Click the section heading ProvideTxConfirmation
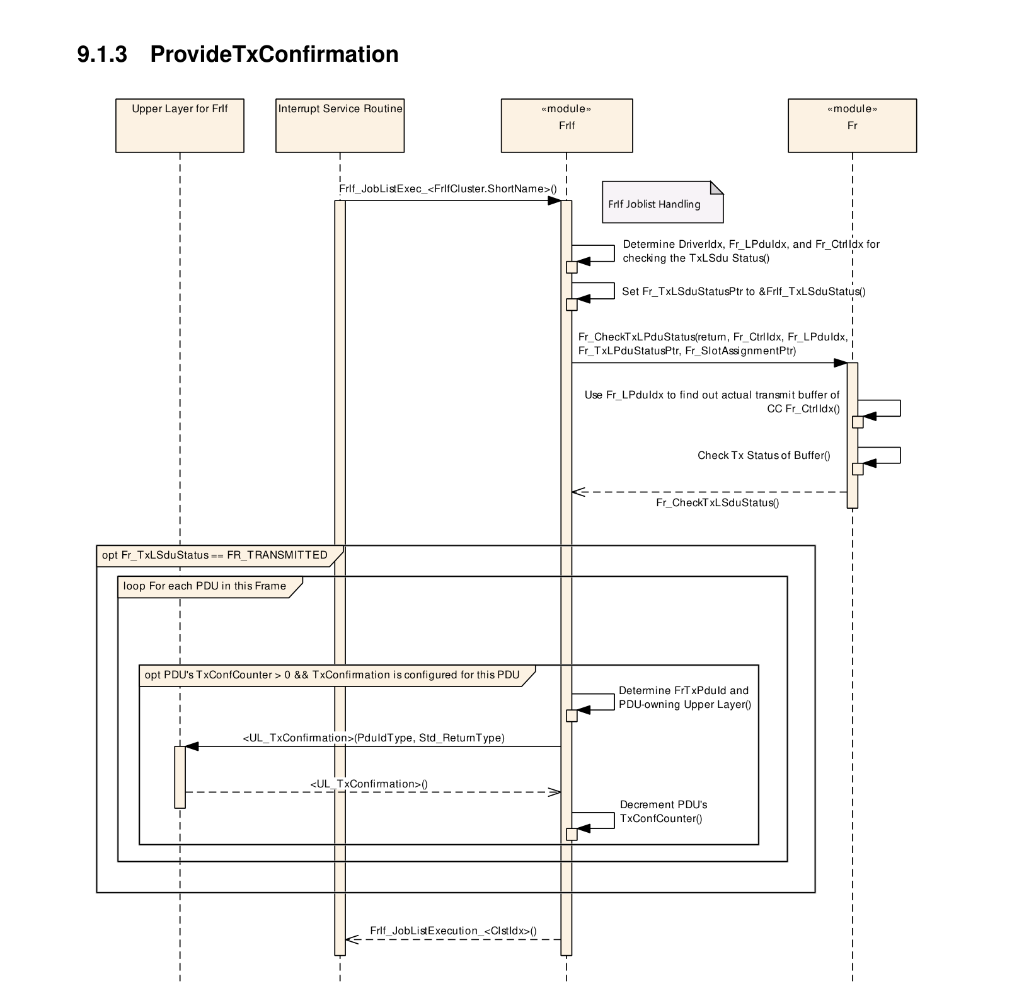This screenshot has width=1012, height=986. pos(274,54)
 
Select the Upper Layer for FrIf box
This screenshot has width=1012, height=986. pos(180,125)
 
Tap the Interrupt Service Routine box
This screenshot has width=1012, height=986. pos(340,125)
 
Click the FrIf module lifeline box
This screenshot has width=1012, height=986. pos(566,125)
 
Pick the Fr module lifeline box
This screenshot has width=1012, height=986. pos(852,125)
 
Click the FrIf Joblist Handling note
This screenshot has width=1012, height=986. pos(663,202)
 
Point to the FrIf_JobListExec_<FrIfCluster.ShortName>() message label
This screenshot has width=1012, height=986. pos(448,188)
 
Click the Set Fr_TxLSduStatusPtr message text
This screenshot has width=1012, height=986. pos(744,291)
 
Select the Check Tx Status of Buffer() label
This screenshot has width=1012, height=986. pos(764,455)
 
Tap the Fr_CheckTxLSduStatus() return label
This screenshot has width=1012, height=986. pos(718,502)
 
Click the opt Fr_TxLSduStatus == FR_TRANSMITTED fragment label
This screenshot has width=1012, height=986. pos(215,555)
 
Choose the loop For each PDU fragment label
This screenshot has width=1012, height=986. pos(205,586)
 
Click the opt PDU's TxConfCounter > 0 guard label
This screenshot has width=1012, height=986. pos(332,675)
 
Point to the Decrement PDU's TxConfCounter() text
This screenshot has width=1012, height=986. pos(664,811)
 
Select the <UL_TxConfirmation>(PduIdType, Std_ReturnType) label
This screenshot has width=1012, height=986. pos(374,738)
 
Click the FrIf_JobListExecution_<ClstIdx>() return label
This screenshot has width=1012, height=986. pos(454,931)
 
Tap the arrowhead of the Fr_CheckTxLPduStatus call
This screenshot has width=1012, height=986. pos(841,363)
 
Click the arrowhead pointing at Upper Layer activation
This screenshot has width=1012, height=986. pos(192,746)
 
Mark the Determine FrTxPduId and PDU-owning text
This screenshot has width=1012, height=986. pos(685,697)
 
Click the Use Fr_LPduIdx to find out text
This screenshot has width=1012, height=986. pos(712,402)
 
